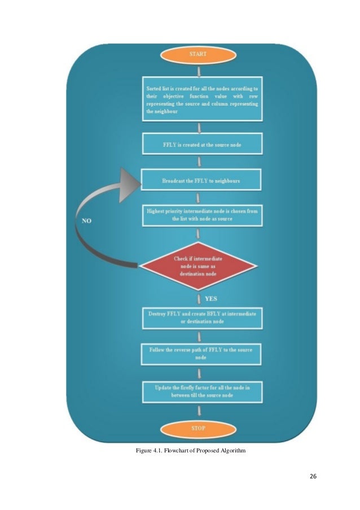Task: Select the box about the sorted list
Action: point(201,101)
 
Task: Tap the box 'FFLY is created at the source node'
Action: point(201,144)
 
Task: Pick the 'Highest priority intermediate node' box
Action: point(201,215)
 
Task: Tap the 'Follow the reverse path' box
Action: point(201,354)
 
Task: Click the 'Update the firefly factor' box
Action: point(201,391)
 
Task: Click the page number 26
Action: point(313,476)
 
